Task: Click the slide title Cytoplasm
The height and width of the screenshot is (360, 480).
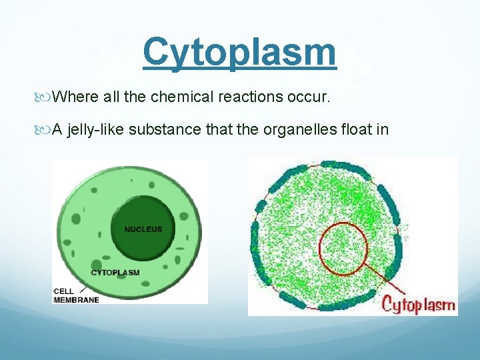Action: [x=239, y=52]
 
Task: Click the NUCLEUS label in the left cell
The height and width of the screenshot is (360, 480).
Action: [x=143, y=229]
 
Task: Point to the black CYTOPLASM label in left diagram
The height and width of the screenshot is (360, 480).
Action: [x=115, y=272]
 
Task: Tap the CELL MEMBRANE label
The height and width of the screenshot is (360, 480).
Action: [x=76, y=295]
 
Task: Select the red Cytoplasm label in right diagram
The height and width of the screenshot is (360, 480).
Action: [x=418, y=305]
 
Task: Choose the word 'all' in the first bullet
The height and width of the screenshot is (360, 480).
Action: [x=112, y=97]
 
